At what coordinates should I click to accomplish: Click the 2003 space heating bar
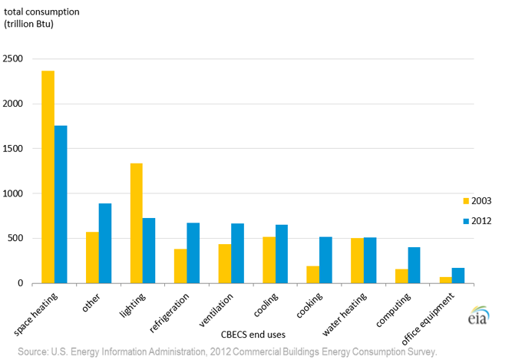click(48, 177)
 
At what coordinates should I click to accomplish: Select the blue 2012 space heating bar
click(61, 204)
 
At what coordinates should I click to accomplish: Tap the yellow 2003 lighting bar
click(137, 223)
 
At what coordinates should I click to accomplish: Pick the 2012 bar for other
click(105, 243)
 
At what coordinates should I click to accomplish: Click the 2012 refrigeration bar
click(193, 253)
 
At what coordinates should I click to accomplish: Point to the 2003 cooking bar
click(313, 275)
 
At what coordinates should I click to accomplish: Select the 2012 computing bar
click(414, 265)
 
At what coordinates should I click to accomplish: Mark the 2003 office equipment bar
click(446, 280)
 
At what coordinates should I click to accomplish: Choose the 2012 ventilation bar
click(238, 253)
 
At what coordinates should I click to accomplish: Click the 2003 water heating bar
click(357, 261)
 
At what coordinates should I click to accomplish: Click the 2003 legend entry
click(477, 201)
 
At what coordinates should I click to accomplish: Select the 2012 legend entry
click(477, 221)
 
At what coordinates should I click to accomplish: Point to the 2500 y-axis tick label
click(13, 58)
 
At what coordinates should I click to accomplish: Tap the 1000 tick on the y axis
click(13, 193)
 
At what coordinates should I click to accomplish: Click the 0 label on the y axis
click(21, 283)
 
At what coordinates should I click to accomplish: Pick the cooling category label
click(266, 305)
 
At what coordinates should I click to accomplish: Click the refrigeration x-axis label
click(169, 312)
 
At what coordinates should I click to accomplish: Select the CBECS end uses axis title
click(253, 335)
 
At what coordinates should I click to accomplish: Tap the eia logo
click(479, 315)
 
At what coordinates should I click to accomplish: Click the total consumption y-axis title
click(41, 18)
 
